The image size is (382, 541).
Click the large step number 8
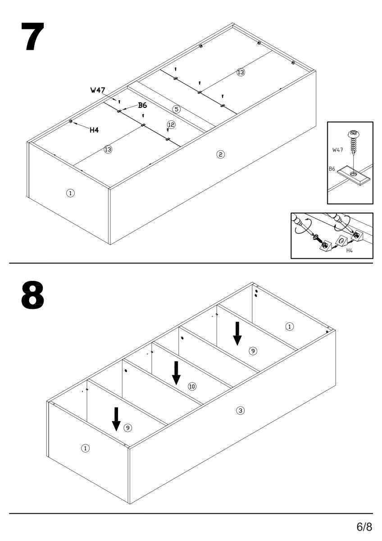pyautogui.click(x=32, y=296)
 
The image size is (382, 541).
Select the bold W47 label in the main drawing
pyautogui.click(x=97, y=90)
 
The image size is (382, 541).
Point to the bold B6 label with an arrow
pyautogui.click(x=142, y=105)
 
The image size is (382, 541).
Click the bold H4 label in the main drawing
pyautogui.click(x=94, y=130)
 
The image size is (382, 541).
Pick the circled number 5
pyautogui.click(x=176, y=109)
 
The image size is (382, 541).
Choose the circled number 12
pyautogui.click(x=171, y=124)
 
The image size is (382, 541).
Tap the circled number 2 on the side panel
pyautogui.click(x=220, y=155)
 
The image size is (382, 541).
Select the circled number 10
pyautogui.click(x=192, y=386)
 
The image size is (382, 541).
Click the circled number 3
pyautogui.click(x=241, y=410)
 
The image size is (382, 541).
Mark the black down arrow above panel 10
pyautogui.click(x=177, y=372)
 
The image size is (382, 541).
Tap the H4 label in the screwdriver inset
pyautogui.click(x=349, y=250)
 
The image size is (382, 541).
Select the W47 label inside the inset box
pyautogui.click(x=338, y=149)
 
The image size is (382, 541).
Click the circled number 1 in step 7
pyautogui.click(x=70, y=193)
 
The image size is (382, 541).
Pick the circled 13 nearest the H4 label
pyautogui.click(x=108, y=149)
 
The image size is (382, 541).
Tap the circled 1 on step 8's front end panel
pyautogui.click(x=85, y=448)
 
